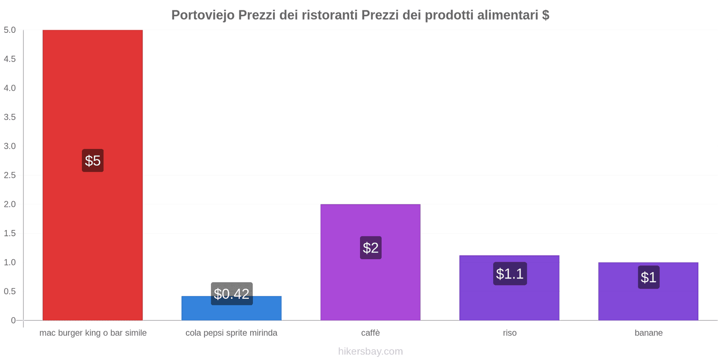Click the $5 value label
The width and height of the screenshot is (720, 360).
[x=93, y=161]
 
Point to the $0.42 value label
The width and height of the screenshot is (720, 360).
[x=231, y=294]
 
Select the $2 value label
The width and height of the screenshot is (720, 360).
[x=370, y=247]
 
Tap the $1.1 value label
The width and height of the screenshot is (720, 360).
[x=509, y=274]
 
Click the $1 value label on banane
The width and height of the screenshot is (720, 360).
[x=648, y=277]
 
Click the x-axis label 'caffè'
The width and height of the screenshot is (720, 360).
[x=370, y=333]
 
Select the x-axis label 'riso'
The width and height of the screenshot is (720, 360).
[x=509, y=333]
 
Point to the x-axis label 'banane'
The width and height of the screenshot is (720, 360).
[x=648, y=333]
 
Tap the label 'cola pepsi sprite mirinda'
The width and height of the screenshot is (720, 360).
[x=231, y=333]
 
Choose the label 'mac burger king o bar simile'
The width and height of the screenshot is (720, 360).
[x=93, y=333]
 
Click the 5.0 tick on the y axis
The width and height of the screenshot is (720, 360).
[x=10, y=30]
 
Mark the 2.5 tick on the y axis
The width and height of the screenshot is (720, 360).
[x=10, y=175]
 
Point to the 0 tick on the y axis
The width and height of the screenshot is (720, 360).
[x=13, y=320]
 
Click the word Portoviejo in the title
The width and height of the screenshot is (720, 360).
[x=202, y=15]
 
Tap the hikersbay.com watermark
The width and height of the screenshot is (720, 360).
[x=370, y=351]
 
